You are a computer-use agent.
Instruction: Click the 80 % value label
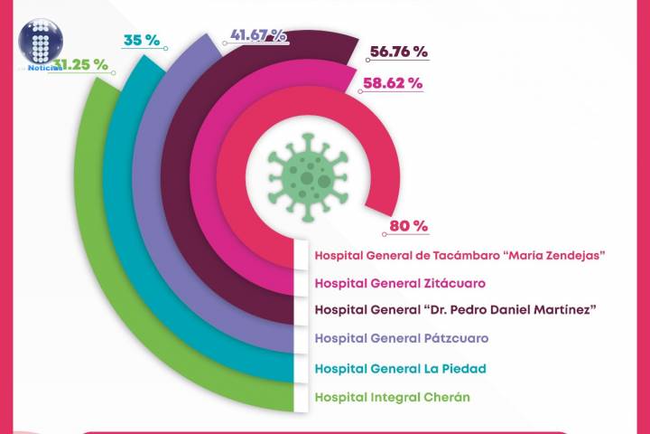pyautogui.click(x=408, y=226)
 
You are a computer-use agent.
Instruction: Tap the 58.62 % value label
pyautogui.click(x=392, y=83)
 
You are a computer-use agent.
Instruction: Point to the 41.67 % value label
pyautogui.click(x=258, y=35)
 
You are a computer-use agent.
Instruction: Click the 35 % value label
pyautogui.click(x=142, y=40)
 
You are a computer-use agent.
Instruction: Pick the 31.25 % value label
pyautogui.click(x=81, y=65)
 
